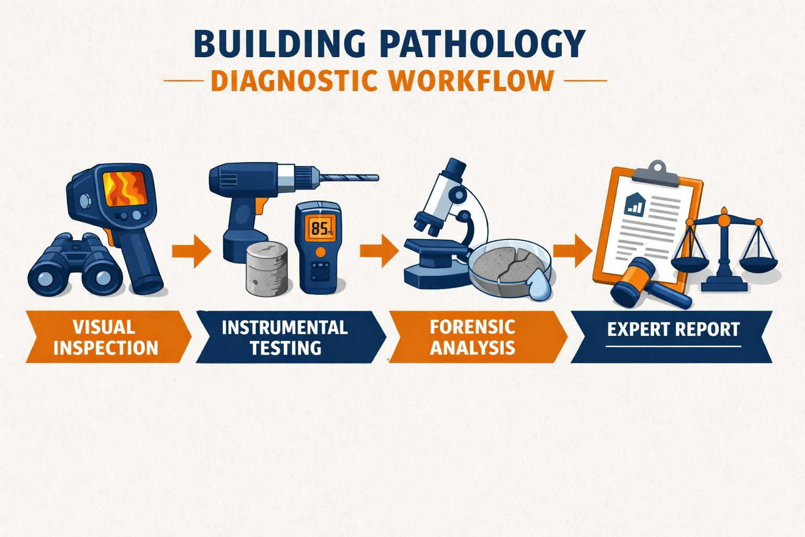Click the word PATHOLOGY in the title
(x=482, y=44)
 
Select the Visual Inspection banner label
(x=105, y=337)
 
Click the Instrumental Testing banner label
(x=285, y=337)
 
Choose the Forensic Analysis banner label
(x=473, y=337)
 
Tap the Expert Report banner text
(x=673, y=329)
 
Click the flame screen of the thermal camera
(x=124, y=189)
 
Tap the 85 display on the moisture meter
(x=319, y=228)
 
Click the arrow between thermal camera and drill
(x=191, y=250)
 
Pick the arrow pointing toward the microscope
(x=378, y=250)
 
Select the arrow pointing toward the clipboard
(x=572, y=250)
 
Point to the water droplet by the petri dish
(x=540, y=287)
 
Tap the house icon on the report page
(x=634, y=203)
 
